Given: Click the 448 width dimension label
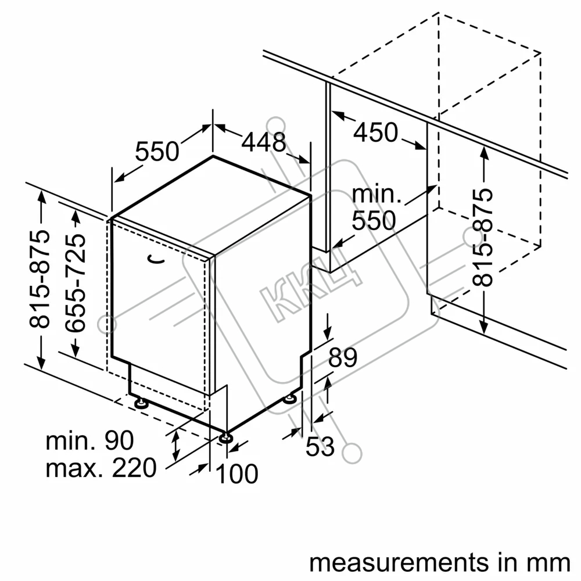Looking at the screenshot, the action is tap(263, 142).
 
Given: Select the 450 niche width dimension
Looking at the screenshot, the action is tap(376, 132).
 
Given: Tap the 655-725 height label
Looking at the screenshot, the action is tap(75, 283).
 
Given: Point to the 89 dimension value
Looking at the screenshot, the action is tap(343, 357).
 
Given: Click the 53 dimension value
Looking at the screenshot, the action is tap(320, 446).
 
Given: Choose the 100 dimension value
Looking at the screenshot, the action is tap(237, 474).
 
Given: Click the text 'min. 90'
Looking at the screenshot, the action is tap(89, 440).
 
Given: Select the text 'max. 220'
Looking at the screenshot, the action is tap(101, 468).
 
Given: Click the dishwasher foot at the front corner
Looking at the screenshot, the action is tap(225, 438).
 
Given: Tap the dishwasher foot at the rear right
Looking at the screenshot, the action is tap(289, 399).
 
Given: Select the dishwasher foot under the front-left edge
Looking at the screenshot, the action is tap(141, 403).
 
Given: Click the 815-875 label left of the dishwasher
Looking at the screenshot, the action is tap(40, 279).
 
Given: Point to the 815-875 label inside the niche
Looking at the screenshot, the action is tap(482, 238).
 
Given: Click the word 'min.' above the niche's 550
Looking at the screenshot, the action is tap(376, 194).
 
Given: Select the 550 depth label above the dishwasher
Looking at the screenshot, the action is tap(157, 151).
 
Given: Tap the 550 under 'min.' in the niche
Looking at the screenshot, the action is tap(374, 221).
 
